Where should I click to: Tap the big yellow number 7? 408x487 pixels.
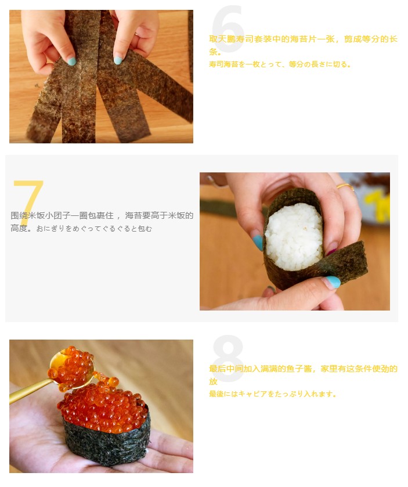coord(28,202)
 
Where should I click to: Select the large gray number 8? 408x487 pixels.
coord(228,359)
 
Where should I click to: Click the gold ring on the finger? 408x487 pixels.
coord(345,187)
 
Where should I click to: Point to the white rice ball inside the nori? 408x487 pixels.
coord(294,237)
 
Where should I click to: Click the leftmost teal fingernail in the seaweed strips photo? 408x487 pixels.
coord(72,61)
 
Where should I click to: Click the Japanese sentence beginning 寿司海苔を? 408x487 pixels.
coord(280,64)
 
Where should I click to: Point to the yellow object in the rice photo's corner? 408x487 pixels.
coord(377,205)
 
